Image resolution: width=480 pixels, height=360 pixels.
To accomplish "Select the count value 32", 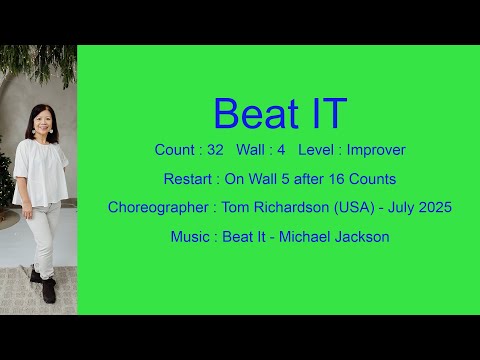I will point(215,150).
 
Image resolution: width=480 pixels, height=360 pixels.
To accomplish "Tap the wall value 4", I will point(282,150).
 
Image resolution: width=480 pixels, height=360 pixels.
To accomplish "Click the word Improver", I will point(376,150).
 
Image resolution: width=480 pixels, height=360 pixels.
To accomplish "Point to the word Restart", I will point(188,179).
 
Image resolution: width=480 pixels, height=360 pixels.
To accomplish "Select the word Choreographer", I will point(155,208).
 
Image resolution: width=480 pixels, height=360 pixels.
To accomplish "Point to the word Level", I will point(319,150).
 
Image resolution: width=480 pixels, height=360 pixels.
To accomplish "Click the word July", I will point(395,208).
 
